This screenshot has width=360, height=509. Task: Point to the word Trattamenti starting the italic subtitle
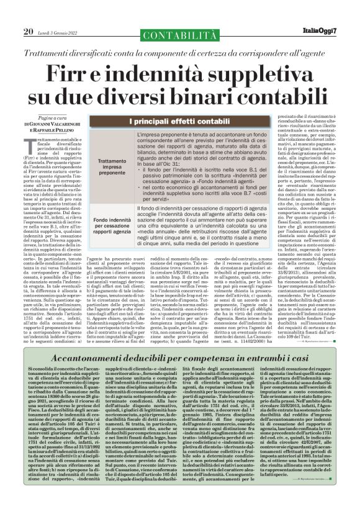tap(55, 35)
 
